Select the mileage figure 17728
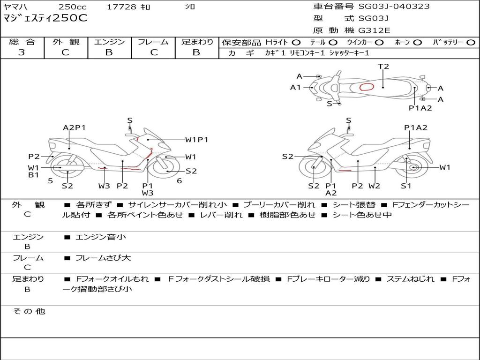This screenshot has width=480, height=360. (121, 7)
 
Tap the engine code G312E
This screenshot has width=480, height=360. (375, 30)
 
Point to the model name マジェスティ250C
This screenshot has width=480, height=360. (45, 19)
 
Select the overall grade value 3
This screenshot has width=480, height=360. (22, 52)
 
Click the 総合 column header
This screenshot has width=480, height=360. (22, 42)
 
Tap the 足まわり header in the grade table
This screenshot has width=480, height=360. (197, 42)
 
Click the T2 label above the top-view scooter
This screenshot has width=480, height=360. (383, 67)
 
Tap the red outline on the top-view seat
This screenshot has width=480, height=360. (367, 87)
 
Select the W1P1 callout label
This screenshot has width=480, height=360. (196, 139)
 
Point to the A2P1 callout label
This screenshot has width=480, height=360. (74, 127)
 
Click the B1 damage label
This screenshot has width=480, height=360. (33, 175)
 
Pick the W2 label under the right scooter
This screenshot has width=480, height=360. (374, 186)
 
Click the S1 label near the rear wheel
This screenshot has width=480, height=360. (405, 186)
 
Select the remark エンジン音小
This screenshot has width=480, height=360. (100, 237)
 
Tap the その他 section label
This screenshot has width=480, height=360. (29, 311)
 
